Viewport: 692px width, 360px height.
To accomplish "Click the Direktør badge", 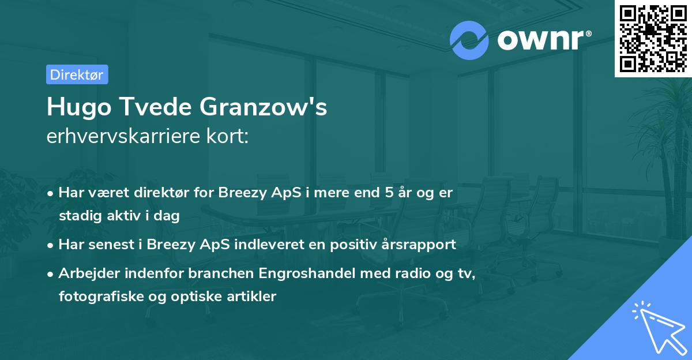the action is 77,74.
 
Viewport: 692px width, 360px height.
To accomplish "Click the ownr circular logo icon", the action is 469,40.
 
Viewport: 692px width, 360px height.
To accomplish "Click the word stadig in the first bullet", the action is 76,216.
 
